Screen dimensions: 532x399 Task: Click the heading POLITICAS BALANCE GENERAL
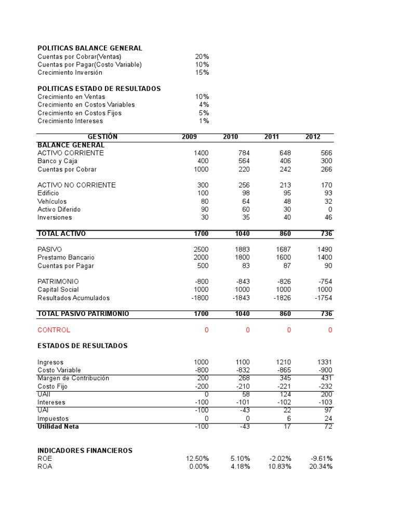tap(90, 48)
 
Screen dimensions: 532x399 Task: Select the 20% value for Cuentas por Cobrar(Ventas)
tap(202, 56)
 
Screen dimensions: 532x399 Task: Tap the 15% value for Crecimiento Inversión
tap(202, 72)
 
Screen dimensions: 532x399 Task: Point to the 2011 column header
tap(271, 137)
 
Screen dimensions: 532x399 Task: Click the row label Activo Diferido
tap(59, 209)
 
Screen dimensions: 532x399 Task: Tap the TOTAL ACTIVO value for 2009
tap(201, 234)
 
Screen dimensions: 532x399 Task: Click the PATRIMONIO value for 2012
tap(325, 282)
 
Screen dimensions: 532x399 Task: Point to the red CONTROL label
tap(54, 330)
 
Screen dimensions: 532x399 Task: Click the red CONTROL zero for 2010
tap(247, 330)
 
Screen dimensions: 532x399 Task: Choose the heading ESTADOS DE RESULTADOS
tap(83, 345)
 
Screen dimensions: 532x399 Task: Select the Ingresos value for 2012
tap(324, 362)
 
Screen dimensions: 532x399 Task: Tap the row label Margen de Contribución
tap(73, 378)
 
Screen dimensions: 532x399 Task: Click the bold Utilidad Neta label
tap(58, 427)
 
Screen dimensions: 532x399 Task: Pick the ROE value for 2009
tap(197, 458)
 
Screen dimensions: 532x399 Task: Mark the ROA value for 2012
tap(321, 467)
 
